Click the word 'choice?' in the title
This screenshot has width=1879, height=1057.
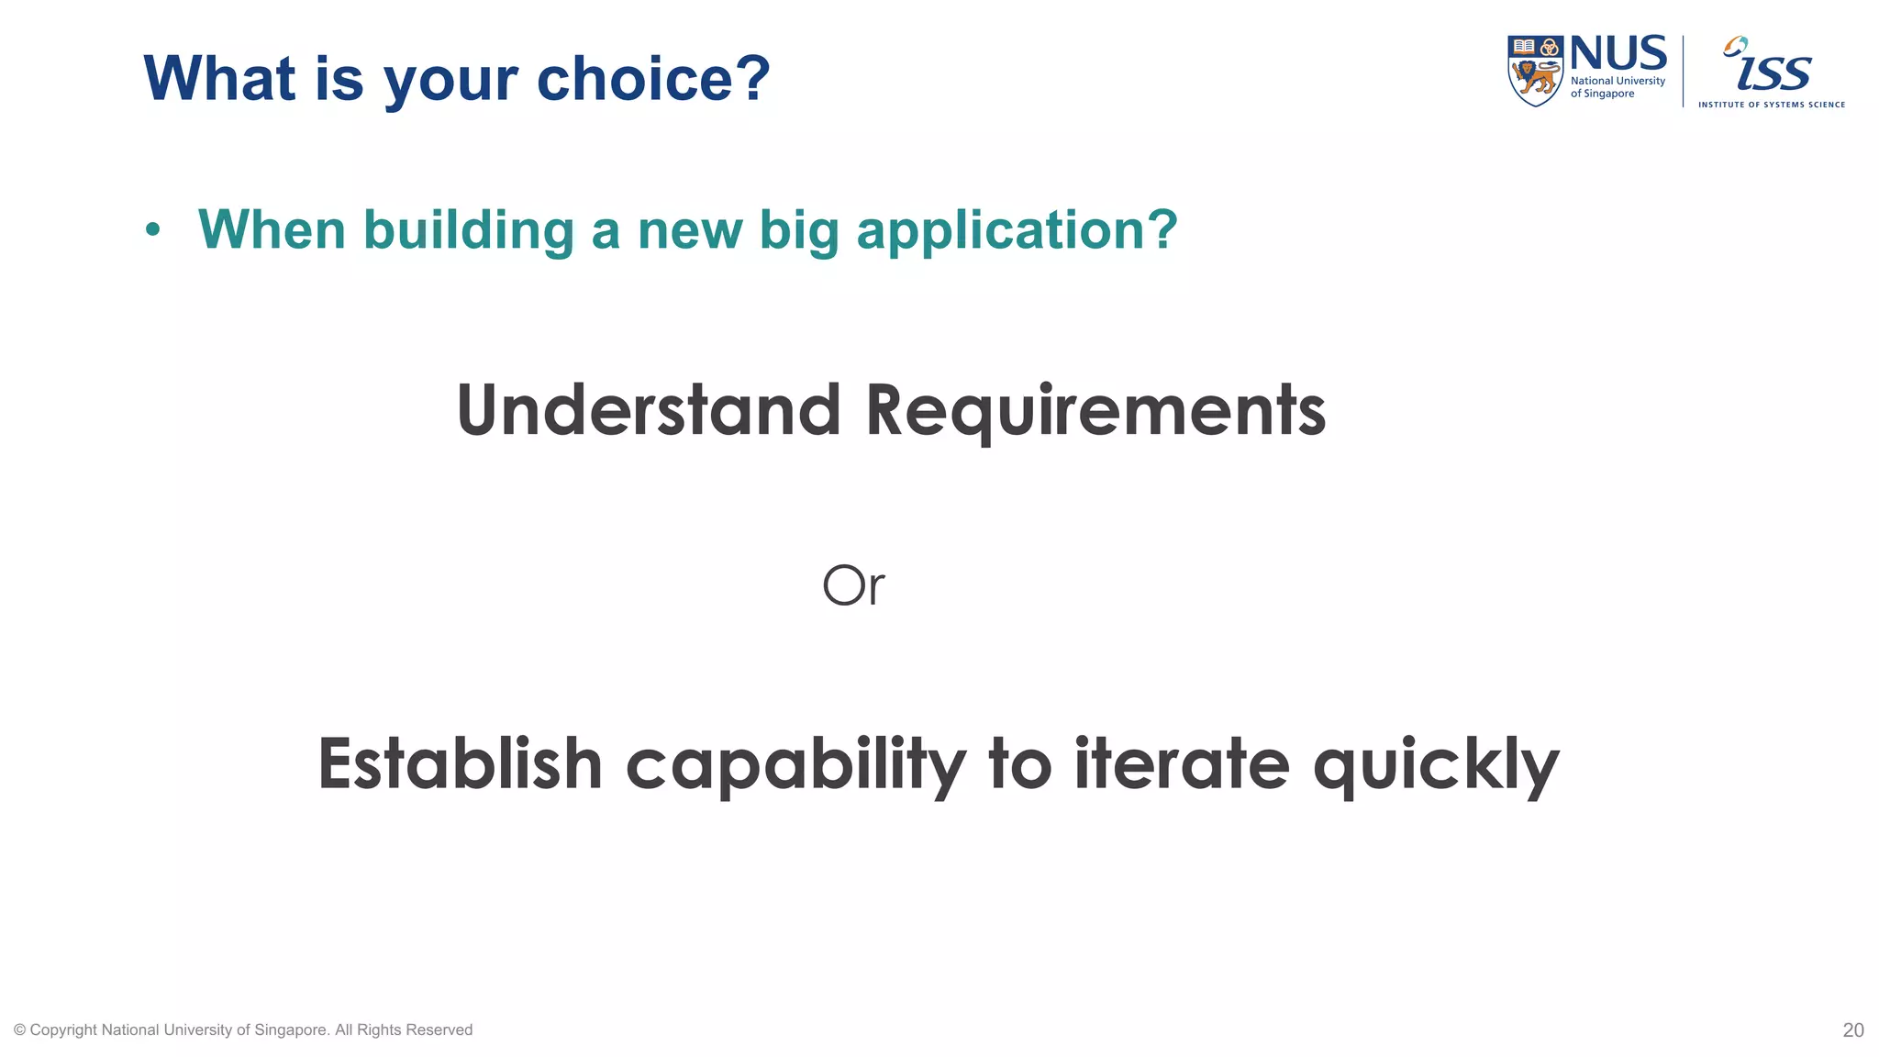coord(653,79)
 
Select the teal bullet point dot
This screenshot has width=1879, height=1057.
coord(152,229)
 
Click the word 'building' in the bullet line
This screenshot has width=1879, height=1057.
coord(469,230)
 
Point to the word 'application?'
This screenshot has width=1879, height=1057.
coord(1017,230)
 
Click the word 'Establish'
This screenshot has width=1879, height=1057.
coord(460,763)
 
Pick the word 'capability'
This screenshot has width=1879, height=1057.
coord(795,765)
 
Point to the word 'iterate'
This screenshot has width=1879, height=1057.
coord(1182,763)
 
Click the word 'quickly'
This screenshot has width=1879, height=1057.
coord(1436,765)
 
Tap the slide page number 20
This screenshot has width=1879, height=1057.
coord(1852,1030)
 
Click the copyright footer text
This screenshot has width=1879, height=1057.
coord(243,1030)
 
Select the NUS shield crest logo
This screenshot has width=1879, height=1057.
coord(1535,71)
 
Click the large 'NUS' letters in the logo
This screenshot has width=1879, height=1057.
coord(1618,54)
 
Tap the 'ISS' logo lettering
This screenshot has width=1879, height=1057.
coord(1773,68)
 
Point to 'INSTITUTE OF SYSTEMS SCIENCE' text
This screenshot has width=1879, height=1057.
coord(1771,105)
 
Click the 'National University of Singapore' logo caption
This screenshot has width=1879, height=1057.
coord(1617,87)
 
